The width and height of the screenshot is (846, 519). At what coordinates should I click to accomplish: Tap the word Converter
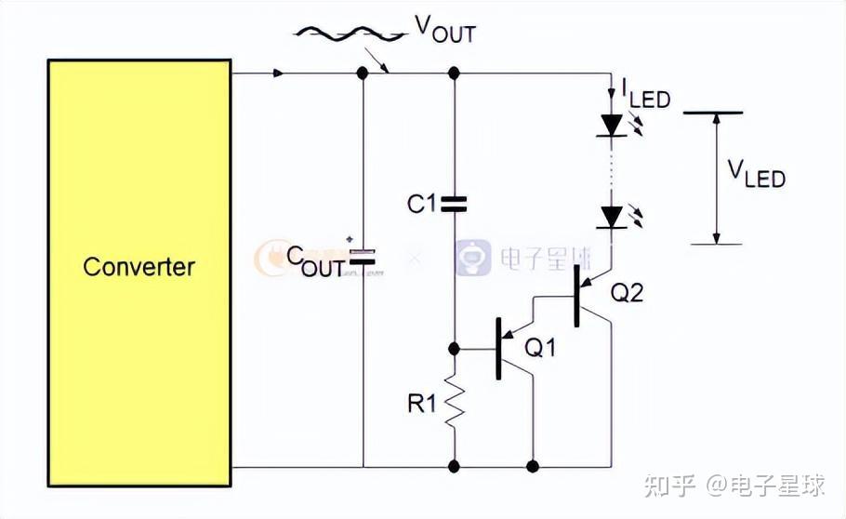point(139,267)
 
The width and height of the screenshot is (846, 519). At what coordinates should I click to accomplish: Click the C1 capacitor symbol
point(453,204)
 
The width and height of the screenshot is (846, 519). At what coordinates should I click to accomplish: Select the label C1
point(421,203)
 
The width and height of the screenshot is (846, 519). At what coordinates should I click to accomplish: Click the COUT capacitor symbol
point(364,257)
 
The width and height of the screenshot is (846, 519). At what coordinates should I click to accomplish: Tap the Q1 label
point(540,348)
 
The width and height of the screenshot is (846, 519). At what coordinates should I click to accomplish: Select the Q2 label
point(627,293)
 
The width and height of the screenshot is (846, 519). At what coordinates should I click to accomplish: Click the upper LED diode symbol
point(611,125)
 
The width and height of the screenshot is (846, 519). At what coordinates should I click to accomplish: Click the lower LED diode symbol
point(611,218)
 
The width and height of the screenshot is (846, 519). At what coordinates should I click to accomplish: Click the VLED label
point(755,174)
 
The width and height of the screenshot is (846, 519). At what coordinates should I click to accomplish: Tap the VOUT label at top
point(444,30)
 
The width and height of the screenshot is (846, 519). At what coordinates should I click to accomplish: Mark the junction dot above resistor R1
point(454,349)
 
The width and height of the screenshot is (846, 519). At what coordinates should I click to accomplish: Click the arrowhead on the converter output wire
point(279,73)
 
